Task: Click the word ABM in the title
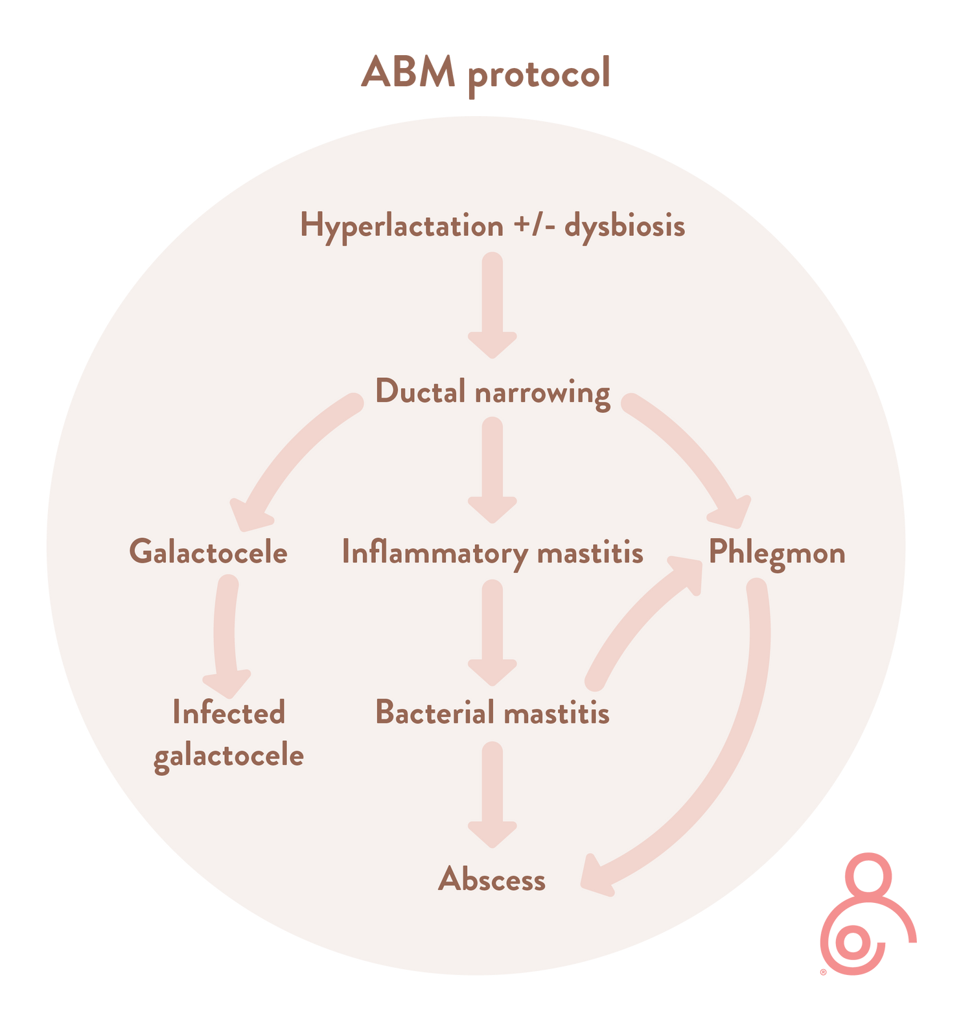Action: (408, 72)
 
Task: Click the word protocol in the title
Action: (539, 74)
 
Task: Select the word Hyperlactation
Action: (402, 226)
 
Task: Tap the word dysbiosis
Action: (625, 226)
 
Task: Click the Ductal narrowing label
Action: (492, 392)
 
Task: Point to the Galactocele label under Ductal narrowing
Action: (208, 552)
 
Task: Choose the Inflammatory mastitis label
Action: (492, 553)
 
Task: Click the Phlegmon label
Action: (777, 553)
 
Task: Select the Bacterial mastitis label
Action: (492, 712)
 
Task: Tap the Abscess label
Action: (492, 880)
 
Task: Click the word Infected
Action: (229, 712)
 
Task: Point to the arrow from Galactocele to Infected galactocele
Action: (226, 635)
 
